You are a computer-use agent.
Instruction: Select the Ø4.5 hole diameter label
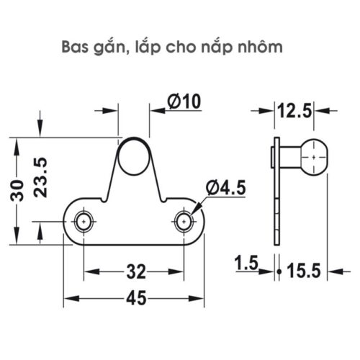click(x=225, y=188)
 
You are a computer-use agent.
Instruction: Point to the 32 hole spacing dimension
click(x=135, y=271)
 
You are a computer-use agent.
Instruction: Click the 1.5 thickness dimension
click(x=246, y=266)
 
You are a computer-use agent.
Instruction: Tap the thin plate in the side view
click(x=276, y=187)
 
